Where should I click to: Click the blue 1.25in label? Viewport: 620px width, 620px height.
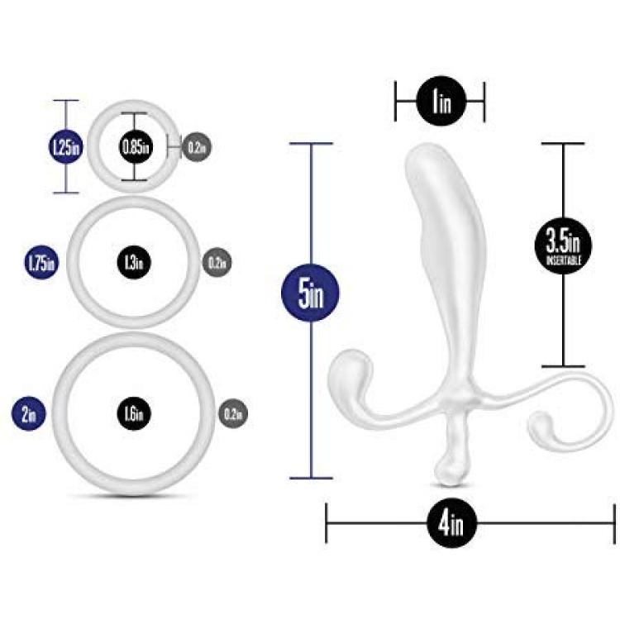point(65,146)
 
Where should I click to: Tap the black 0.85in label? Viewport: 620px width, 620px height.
point(135,146)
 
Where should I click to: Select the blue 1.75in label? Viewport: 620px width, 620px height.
point(41,263)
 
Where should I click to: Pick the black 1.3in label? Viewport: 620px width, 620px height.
point(134,263)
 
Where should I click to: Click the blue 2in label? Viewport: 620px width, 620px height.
point(28,413)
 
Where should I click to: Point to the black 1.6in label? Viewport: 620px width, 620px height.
point(134,413)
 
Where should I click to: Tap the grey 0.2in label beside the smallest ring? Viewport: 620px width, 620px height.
point(197,146)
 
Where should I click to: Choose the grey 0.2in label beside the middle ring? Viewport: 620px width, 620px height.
point(217,262)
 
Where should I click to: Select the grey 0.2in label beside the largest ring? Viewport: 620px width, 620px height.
point(233,413)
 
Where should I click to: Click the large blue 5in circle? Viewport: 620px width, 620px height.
point(310,293)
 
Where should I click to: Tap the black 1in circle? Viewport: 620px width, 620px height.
point(441,101)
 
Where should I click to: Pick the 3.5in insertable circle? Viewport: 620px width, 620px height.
point(563,246)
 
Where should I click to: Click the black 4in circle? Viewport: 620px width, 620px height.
point(452,523)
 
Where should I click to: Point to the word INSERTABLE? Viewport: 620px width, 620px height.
point(564,260)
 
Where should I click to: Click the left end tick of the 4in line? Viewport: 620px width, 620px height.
point(327,523)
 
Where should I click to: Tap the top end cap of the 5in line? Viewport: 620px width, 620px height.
point(311,144)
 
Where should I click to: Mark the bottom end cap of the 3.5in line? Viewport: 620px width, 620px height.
point(563,366)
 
